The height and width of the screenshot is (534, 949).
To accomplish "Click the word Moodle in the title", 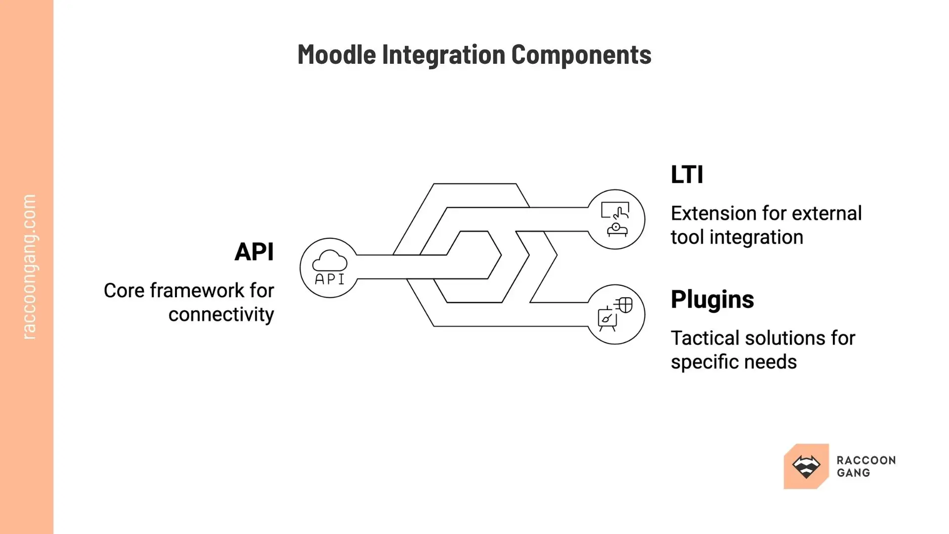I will (336, 54).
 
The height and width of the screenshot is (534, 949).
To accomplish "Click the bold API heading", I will (254, 252).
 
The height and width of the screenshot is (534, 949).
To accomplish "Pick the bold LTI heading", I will (687, 175).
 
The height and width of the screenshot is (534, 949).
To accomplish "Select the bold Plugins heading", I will (712, 300).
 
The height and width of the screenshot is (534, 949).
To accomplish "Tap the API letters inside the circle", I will (330, 279).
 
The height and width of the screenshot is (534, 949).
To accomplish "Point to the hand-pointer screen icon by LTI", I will (615, 211).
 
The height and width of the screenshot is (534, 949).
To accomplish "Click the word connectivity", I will (221, 314).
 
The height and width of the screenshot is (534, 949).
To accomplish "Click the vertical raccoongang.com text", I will (29, 267).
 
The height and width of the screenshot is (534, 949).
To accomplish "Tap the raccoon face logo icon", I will (806, 466).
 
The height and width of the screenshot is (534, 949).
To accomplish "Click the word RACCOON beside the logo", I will (866, 460).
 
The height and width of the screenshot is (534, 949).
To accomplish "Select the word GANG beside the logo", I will (853, 473).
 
